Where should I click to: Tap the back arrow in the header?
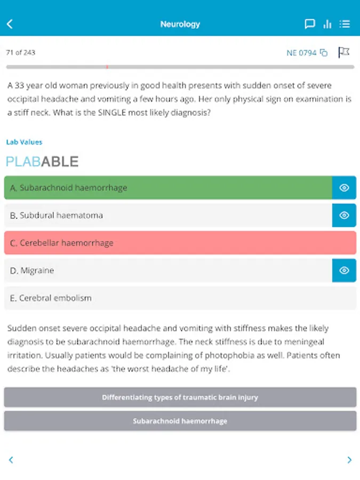(10, 24)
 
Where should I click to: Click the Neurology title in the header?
(180, 24)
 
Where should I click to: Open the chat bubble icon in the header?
(309, 24)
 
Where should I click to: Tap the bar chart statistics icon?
(327, 24)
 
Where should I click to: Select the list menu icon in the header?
(345, 24)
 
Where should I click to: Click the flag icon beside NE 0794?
(344, 52)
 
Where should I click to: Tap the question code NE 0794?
(302, 53)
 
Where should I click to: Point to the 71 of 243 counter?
(21, 53)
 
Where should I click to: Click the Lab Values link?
(24, 142)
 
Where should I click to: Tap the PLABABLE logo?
(42, 162)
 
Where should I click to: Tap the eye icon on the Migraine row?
(344, 270)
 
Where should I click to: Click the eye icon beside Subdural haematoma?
(344, 215)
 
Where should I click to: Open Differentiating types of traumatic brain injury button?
(180, 397)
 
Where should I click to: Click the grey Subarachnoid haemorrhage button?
(180, 421)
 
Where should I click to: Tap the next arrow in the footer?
(349, 460)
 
